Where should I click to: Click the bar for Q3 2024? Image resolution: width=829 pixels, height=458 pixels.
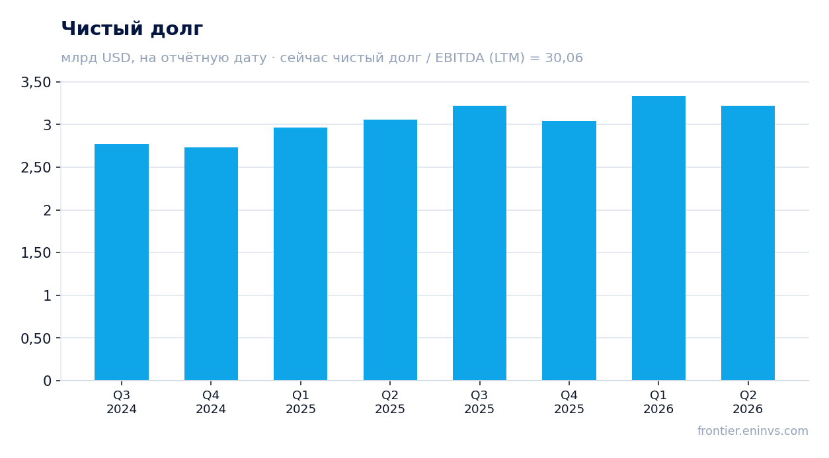point(122,262)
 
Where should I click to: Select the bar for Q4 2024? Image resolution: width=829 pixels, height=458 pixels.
point(211,264)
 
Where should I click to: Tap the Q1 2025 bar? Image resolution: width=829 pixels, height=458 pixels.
point(301,254)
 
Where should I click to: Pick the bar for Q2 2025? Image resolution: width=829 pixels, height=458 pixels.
point(390,250)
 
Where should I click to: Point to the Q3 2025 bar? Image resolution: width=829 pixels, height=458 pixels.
point(480,243)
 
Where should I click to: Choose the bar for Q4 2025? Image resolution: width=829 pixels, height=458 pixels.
point(569,250)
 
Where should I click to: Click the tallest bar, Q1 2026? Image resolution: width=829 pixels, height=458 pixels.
point(658,238)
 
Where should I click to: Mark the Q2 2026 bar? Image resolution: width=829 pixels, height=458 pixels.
point(748,243)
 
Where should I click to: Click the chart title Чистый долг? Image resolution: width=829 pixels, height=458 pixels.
point(132,29)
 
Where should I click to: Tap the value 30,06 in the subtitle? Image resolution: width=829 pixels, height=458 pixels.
point(564,58)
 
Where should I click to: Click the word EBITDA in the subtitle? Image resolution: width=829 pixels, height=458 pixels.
point(460,57)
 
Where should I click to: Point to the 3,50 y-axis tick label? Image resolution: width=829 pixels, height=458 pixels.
point(36,82)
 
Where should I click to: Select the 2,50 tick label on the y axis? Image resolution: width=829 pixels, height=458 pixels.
point(36,168)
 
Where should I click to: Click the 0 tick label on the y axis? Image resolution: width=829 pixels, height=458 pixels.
point(48,381)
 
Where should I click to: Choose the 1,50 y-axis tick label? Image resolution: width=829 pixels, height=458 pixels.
point(36,253)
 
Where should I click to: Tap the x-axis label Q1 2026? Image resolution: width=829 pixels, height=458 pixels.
point(658,402)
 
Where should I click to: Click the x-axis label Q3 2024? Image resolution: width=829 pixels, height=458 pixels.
point(122,402)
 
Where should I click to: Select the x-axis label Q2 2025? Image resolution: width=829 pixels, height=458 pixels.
point(390,402)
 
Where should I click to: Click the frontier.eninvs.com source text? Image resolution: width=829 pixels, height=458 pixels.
point(753,431)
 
